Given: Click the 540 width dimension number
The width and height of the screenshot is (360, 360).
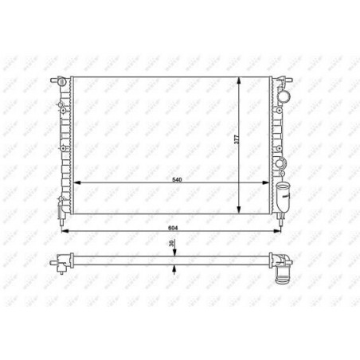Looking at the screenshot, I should coord(177,180).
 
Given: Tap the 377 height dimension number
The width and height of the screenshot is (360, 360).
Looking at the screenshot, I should coord(236,139).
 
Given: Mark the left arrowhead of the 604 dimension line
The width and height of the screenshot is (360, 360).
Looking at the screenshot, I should coord(65,230).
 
